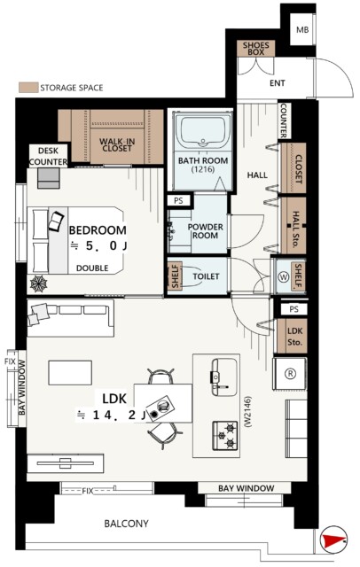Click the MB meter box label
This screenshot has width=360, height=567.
[302, 29]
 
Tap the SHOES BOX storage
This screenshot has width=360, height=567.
[255, 49]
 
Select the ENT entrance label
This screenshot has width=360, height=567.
[278, 83]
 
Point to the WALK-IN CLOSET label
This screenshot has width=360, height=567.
[117, 145]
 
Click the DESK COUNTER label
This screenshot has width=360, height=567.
[48, 156]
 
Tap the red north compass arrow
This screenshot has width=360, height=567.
[332, 540]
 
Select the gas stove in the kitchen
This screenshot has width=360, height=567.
[225, 435]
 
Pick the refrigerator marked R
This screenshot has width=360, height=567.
[289, 374]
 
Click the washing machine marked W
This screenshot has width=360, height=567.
[283, 276]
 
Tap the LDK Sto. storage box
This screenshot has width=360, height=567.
[292, 336]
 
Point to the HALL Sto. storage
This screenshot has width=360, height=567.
[293, 225]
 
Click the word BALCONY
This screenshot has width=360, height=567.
[126, 524]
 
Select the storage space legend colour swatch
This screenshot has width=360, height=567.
[28, 88]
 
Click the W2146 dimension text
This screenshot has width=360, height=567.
[248, 412]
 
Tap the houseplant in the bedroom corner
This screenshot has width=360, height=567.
[39, 283]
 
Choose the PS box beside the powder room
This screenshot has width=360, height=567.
[178, 200]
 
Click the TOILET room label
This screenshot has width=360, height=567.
[206, 276]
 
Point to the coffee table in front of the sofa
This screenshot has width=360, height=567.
[70, 372]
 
